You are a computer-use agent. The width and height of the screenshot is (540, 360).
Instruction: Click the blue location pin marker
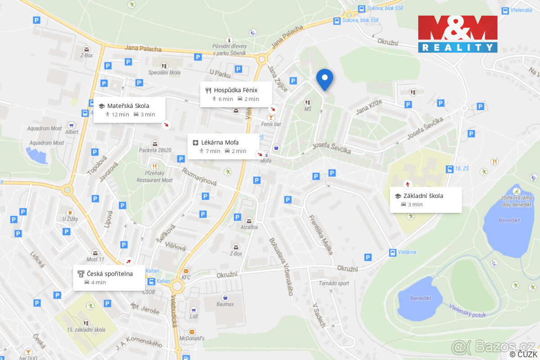point(324,79)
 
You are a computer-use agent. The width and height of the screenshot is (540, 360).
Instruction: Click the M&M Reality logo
point(458,34)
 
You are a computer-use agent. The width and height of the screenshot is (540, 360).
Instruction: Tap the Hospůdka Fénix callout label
point(236,94)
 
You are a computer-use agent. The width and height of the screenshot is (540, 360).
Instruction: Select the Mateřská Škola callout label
point(129,110)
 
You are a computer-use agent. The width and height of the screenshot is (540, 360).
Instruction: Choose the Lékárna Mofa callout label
point(223,146)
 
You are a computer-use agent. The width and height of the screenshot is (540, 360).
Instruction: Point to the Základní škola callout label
point(425,199)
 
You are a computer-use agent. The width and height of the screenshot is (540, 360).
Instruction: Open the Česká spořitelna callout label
point(109,277)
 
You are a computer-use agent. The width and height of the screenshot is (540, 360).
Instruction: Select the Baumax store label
point(224,304)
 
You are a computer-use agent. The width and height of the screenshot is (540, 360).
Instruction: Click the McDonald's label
point(192,338)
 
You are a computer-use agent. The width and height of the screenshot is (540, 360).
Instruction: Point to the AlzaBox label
point(249,227)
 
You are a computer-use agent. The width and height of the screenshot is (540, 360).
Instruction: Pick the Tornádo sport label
point(334,283)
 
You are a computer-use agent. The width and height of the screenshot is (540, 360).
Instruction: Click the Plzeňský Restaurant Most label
point(154,177)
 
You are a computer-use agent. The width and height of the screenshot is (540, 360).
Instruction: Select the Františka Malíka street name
point(320,234)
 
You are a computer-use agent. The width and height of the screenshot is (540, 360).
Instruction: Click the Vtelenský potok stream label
point(468,310)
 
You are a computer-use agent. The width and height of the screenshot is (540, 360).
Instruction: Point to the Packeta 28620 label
point(155,150)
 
